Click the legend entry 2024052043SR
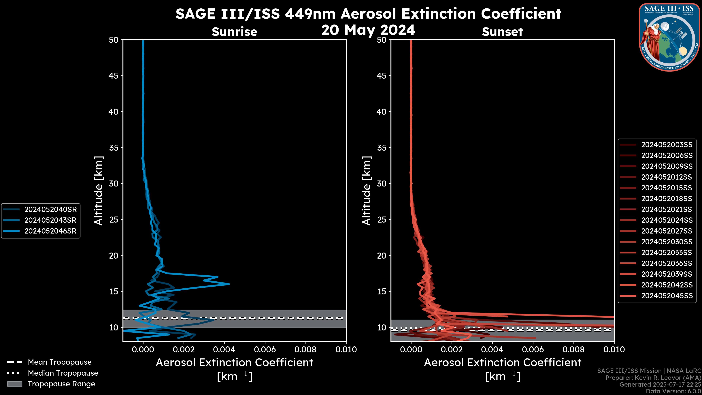pos(50,220)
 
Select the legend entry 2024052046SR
pos(50,231)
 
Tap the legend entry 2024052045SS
pos(667,296)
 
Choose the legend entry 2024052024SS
pos(667,220)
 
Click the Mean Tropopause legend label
pos(60,362)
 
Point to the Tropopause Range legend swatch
pos(14,384)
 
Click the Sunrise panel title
pos(234,32)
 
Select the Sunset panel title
pos(502,32)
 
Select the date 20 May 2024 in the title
pos(368,30)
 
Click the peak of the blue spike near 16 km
pos(229,284)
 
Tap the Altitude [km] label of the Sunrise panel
pos(99,191)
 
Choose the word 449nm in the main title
pos(310,14)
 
